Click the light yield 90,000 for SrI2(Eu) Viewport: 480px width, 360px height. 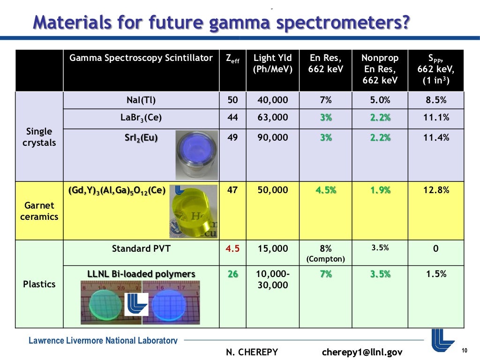coord(273,138)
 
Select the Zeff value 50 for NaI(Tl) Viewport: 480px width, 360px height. coord(232,100)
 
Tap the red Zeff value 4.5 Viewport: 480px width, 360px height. coord(232,248)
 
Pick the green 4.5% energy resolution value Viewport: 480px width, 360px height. coord(326,190)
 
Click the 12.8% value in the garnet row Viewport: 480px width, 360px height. coord(436,190)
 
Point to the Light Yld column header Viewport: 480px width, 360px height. coord(273,64)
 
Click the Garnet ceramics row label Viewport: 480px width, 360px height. coord(39,211)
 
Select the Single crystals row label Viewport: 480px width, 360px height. coord(39,137)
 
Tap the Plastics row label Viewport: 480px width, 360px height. coord(39,284)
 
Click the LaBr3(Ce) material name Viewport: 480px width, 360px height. coord(141,118)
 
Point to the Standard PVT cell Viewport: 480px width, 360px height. coord(141,248)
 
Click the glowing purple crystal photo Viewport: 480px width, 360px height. coord(196,155)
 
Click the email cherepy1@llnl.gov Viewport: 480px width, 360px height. coord(362,352)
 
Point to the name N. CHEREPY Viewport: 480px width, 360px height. coord(252,352)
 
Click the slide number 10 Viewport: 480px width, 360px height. coord(465,351)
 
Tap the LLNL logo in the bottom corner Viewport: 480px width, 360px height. coord(442,339)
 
